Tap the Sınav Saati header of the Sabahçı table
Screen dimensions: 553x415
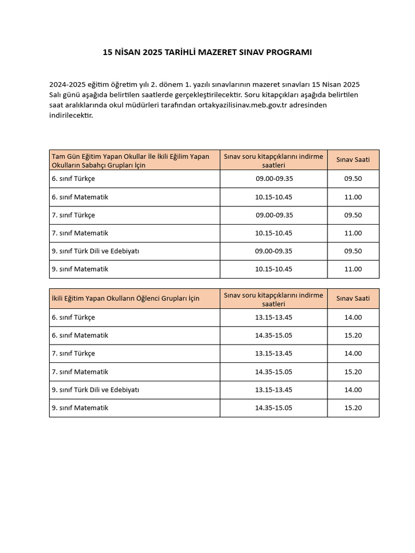pos(353,160)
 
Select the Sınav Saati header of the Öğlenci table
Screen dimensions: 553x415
pos(353,299)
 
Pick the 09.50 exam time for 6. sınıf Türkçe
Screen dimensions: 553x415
pos(353,179)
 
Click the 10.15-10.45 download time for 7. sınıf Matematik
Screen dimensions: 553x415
pos(273,233)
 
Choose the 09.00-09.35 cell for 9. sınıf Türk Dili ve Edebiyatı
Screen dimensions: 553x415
pos(273,251)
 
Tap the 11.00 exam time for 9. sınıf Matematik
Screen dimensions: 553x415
pos(353,269)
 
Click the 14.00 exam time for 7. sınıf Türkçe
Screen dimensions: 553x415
pos(353,353)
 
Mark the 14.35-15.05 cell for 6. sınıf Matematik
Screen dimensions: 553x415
pos(273,335)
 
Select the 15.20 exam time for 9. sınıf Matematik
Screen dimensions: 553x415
pos(353,408)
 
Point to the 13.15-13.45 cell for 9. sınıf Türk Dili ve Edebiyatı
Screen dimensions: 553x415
pos(273,389)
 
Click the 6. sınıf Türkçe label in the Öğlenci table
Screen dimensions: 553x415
pos(73,318)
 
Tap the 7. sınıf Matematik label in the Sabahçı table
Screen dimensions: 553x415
pos(80,233)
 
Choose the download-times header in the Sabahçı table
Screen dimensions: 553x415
pos(273,160)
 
